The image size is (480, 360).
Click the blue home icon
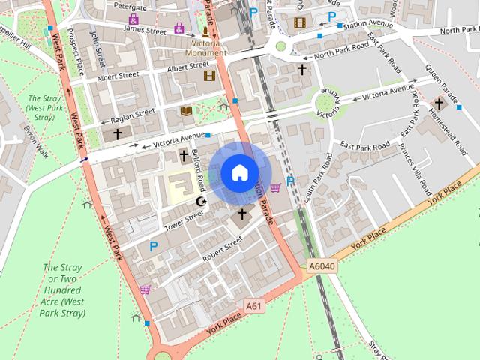(x=239, y=173)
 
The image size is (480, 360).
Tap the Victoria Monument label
(x=205, y=48)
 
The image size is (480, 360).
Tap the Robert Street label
(x=222, y=248)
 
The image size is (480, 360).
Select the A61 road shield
(x=255, y=305)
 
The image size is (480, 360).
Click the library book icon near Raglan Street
(x=186, y=111)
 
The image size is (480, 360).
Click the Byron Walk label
(x=34, y=140)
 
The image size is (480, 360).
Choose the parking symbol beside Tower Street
(x=154, y=245)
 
